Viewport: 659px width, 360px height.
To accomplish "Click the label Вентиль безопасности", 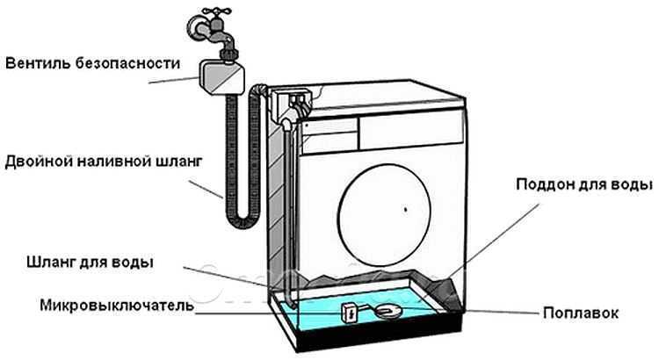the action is tap(93, 64).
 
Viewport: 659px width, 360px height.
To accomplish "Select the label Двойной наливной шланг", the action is tap(104, 162).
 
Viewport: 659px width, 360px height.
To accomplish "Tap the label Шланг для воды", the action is tap(90, 263).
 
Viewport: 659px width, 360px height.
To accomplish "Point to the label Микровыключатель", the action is tap(117, 306).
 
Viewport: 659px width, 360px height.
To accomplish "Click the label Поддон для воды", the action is tap(584, 185).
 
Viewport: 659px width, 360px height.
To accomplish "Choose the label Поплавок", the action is tap(581, 313).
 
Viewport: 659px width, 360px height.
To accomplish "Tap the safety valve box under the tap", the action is tap(221, 77).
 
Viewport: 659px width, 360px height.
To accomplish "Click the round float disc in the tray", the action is tap(388, 311).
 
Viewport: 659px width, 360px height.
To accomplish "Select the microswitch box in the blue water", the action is tap(350, 313).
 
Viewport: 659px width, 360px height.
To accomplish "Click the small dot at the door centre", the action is tap(405, 208).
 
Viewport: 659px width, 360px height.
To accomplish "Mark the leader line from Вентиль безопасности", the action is tap(173, 80).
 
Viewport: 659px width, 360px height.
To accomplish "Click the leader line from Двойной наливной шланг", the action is tap(205, 190).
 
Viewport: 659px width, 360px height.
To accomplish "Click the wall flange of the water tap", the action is tap(194, 27).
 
